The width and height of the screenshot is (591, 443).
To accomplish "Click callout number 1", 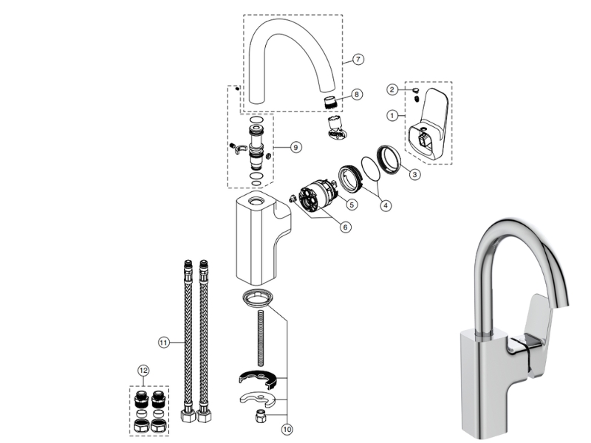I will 392,115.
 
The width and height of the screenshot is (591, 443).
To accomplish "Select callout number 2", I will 392,90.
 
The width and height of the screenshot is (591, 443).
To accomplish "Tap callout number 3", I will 414,175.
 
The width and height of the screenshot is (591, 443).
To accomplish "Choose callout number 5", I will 352,204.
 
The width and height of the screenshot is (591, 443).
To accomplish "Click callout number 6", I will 345,227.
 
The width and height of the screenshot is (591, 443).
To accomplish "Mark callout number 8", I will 357,95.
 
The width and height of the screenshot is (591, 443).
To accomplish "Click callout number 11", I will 163,342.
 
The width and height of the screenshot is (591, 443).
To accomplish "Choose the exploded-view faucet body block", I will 259,236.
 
